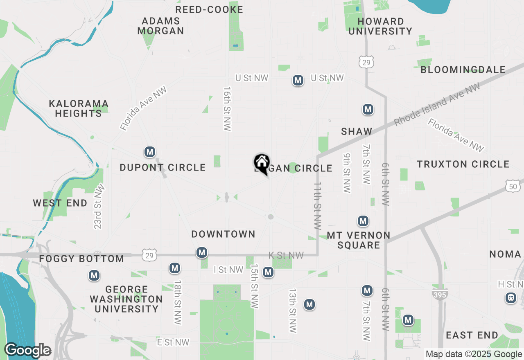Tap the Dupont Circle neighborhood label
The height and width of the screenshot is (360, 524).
tap(163, 168)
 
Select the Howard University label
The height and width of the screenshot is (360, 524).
tap(380, 26)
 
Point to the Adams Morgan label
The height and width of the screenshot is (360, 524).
tap(160, 26)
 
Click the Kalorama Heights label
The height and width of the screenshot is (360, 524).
tap(79, 108)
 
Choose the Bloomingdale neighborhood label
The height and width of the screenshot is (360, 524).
tap(463, 70)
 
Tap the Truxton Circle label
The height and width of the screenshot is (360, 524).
tap(463, 164)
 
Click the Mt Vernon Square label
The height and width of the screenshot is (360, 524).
tap(359, 240)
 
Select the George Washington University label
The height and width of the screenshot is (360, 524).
tap(126, 299)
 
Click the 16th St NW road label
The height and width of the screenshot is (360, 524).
tap(228, 108)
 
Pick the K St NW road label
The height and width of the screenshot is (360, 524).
tap(286, 256)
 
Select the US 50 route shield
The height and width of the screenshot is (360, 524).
tap(513, 186)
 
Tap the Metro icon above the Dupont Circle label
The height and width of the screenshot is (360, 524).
tap(150, 152)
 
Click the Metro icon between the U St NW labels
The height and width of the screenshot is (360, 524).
tap(298, 81)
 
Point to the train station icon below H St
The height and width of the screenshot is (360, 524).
tap(511, 298)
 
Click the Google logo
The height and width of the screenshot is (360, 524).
tap(27, 351)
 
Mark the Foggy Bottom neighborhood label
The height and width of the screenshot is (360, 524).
tap(81, 259)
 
